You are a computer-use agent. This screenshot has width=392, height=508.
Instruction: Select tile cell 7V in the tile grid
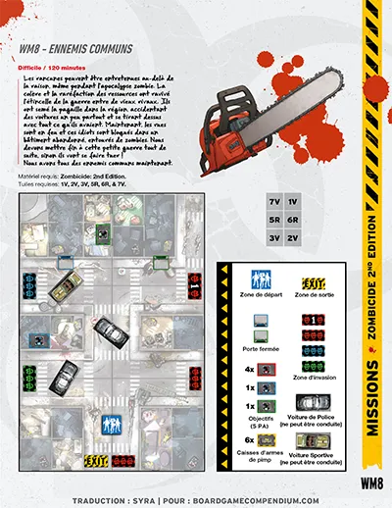[274, 201]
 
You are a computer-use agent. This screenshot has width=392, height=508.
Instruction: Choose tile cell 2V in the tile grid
[295, 236]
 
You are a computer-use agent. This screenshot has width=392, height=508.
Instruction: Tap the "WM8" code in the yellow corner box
[369, 482]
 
